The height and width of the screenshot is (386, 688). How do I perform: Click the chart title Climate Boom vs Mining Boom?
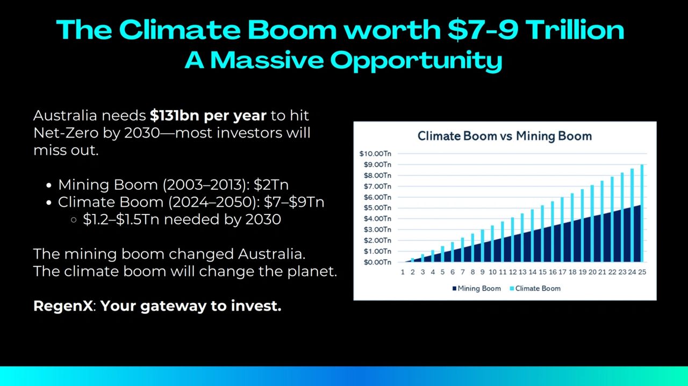505,135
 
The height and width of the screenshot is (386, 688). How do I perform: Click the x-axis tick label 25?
642,272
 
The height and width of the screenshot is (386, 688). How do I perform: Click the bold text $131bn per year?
208,116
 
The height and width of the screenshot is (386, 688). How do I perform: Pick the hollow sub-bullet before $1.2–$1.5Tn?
73,220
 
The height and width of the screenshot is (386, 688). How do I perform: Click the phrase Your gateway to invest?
191,306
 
